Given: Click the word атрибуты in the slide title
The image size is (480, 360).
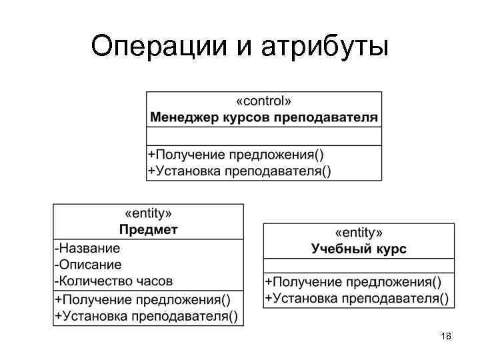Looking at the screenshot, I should coord(325,47).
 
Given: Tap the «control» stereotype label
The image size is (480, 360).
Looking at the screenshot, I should coord(263,102).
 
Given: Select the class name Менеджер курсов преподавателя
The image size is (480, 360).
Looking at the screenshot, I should coord(264,118).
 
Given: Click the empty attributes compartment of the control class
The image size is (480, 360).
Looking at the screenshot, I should coord(264,136).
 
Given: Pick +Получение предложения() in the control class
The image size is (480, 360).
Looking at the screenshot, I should coord(236,155).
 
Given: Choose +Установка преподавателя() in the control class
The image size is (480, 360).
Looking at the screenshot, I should coord(239,171).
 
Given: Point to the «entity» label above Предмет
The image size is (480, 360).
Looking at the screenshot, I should coord(149,214).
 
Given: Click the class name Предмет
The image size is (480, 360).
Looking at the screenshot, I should coord(149,231).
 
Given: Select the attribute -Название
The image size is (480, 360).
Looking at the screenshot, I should coord(88,249).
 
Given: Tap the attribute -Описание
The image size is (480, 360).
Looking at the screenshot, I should coord(89,265).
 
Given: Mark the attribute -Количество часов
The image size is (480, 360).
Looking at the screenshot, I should coord(114,281).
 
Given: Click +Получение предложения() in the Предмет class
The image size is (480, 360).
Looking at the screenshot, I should coord(143,299).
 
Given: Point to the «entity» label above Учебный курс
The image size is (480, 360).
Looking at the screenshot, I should coord(359,233).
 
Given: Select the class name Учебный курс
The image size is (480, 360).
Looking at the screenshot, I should coord(359,249).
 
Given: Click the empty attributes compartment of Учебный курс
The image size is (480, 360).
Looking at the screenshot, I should coord(359,265).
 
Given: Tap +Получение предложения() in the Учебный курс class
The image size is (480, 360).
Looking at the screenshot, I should coord(353,282).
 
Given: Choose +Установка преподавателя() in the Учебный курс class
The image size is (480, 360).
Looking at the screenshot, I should coord(357,298).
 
